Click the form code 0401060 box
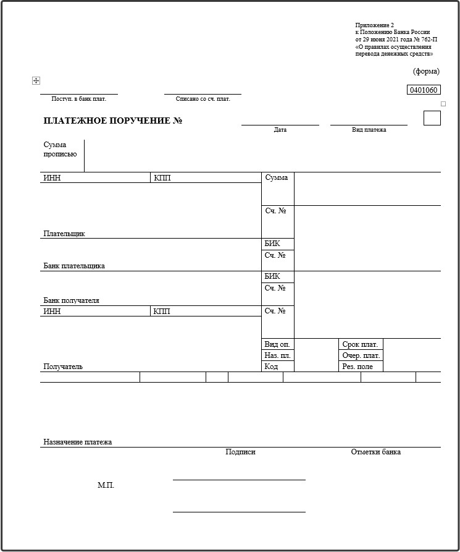coord(424,90)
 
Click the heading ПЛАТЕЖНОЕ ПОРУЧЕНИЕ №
coord(113,121)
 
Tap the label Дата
coord(280,130)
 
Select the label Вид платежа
coord(369,130)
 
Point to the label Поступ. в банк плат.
coord(79,99)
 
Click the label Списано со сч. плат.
coord(203,99)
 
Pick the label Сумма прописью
coord(60,150)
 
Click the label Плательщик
coord(64,234)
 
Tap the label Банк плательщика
coord(74,266)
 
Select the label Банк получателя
coord(72,300)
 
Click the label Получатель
coord(63,367)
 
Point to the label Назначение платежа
coord(78,442)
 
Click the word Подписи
coord(240,452)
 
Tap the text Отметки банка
coord(376,452)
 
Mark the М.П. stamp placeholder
coord(106,485)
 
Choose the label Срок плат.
coord(360,344)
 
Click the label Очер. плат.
coord(361,355)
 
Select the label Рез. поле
coord(358,367)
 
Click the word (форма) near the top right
coord(426,71)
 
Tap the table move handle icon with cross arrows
coord(36,81)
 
